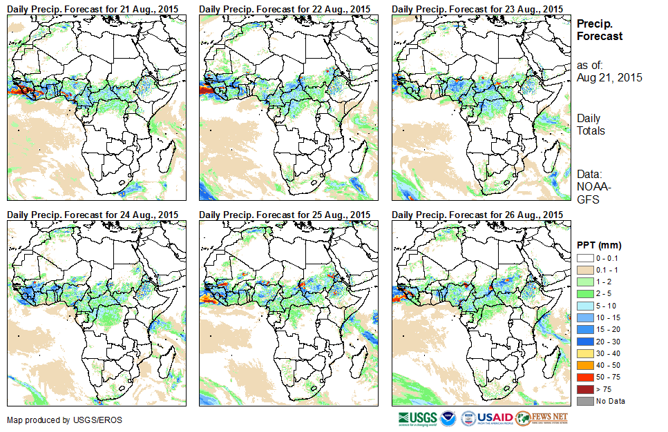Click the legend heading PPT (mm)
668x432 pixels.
[599, 245]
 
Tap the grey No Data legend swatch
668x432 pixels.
[584, 401]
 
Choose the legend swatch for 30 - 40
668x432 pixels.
[584, 353]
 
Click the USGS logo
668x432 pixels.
[417, 418]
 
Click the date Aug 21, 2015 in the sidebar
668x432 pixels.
[609, 78]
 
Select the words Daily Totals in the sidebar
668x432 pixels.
[591, 125]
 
